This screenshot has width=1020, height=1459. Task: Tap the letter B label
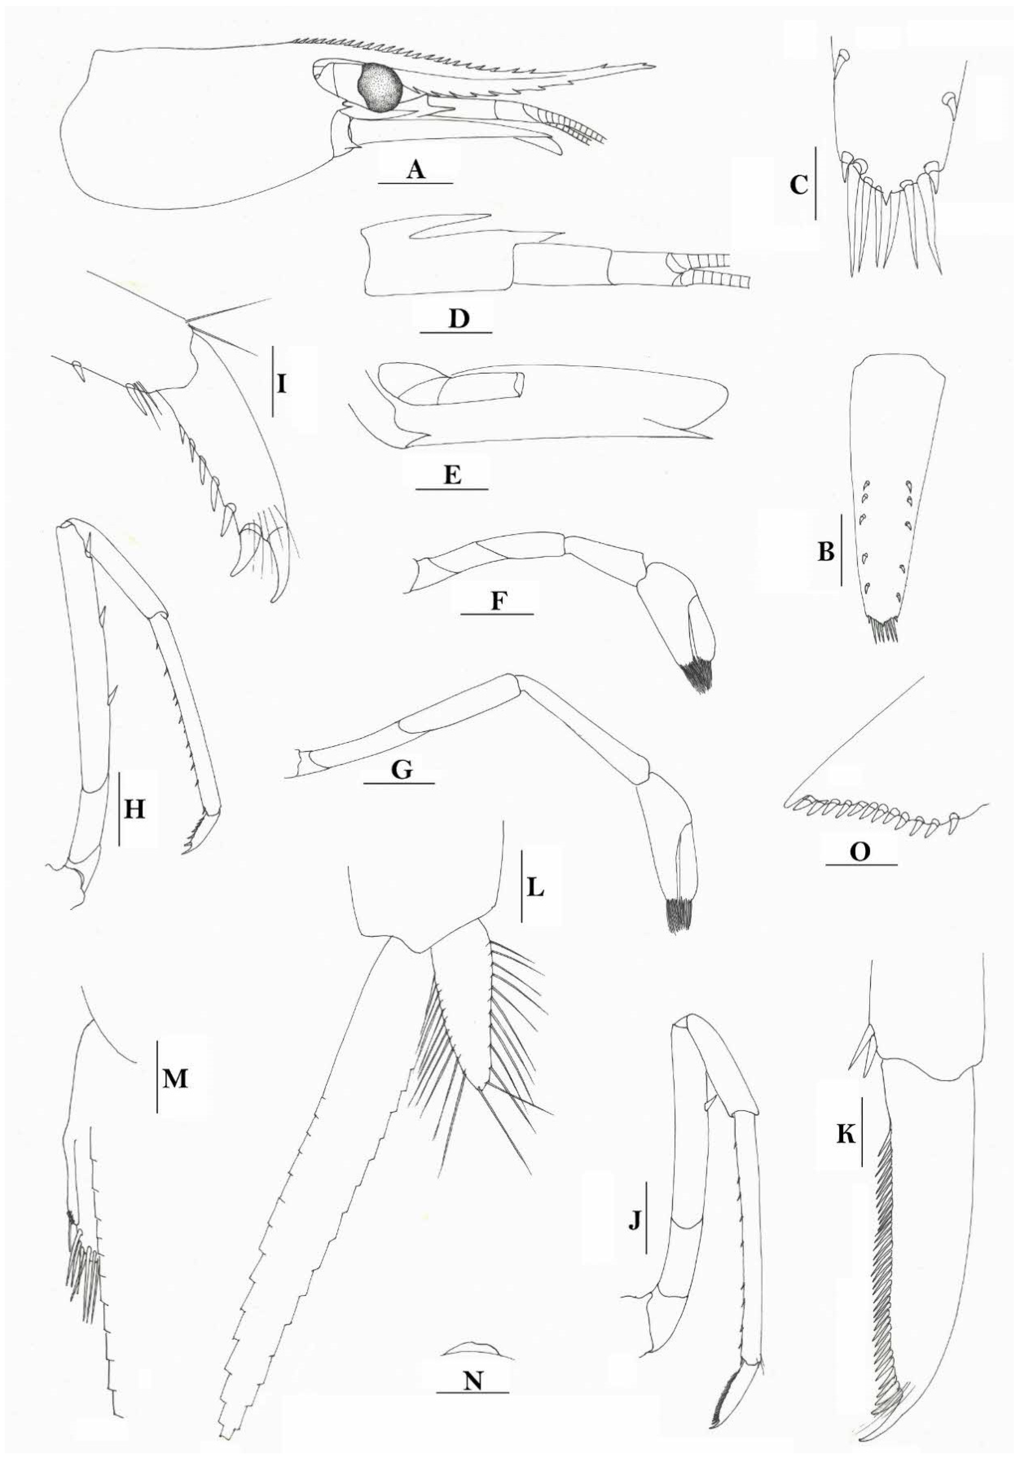pos(825,553)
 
